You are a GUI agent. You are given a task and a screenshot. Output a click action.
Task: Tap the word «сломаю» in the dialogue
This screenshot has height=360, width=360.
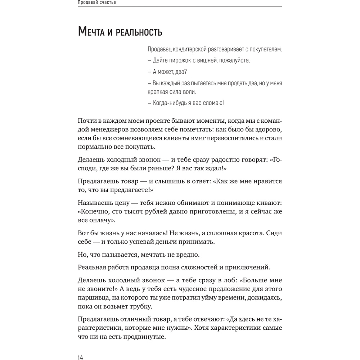pyautogui.click(x=212, y=103)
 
